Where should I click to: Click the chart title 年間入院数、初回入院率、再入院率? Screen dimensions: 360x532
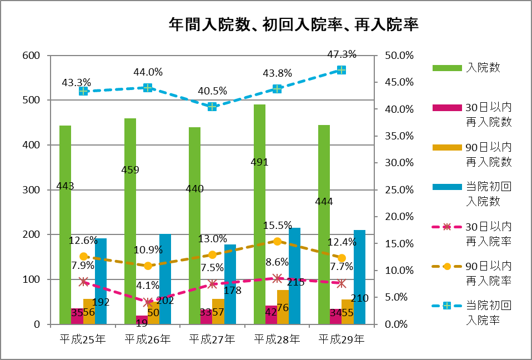point(293,24)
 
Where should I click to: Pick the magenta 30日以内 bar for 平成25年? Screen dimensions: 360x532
point(77,317)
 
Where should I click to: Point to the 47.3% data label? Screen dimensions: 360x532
point(342,54)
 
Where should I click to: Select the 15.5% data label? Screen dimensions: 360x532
point(277,225)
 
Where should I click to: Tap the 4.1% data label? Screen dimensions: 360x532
point(148,286)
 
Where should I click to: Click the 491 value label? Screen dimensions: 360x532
point(259,162)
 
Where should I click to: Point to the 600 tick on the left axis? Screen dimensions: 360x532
point(32,56)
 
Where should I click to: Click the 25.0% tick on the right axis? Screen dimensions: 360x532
point(399,190)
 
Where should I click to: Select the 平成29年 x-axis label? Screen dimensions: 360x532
point(342,338)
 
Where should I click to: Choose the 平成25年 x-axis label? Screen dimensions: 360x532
point(83,338)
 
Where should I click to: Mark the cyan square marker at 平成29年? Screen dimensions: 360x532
point(342,70)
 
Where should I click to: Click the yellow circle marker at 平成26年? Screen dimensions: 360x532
point(148,266)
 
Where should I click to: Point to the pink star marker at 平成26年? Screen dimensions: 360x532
point(148,303)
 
